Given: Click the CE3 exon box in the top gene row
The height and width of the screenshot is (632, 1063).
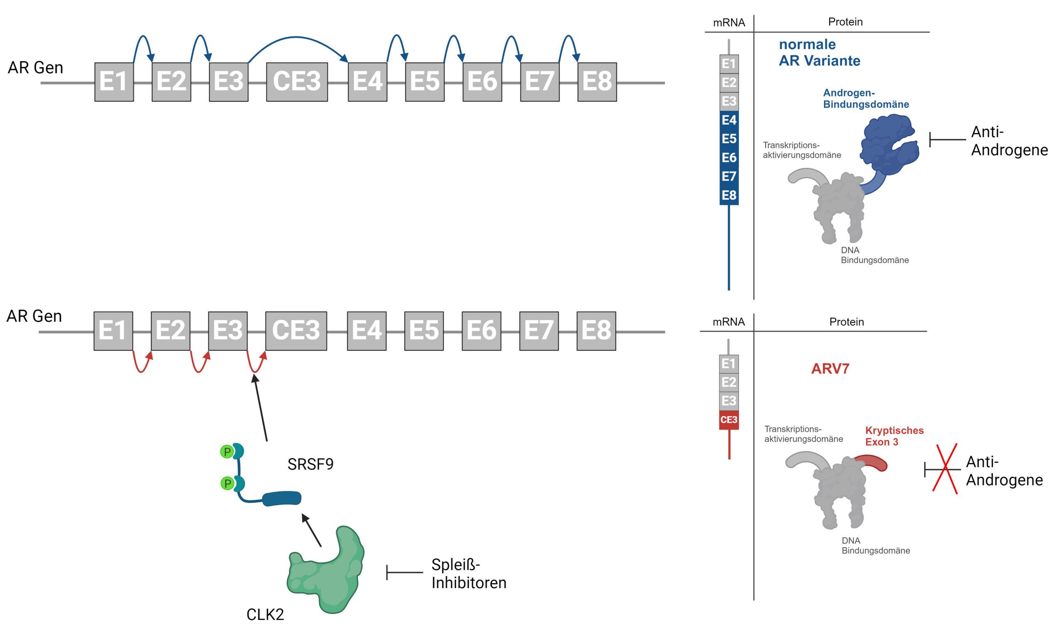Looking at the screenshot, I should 297,82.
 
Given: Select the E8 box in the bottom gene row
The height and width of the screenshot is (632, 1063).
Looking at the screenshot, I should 596,331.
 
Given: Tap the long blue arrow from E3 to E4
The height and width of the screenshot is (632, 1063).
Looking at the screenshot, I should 297,38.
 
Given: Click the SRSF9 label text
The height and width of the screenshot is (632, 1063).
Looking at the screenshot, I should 310,464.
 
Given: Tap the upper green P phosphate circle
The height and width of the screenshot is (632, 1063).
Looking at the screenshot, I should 227,451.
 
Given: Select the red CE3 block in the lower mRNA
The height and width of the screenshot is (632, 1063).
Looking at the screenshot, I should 729,420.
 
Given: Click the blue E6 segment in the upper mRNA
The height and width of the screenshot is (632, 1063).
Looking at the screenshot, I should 729,157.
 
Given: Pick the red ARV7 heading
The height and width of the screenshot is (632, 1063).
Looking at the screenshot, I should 830,369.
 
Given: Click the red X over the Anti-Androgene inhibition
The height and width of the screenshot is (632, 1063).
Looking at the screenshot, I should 945,469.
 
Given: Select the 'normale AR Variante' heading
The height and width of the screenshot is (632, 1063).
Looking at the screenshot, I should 819,52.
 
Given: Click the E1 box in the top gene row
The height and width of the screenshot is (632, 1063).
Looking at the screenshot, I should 114,82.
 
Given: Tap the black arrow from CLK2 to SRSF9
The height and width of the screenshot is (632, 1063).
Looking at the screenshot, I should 312,531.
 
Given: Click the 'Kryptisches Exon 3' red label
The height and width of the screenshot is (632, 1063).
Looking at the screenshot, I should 894,436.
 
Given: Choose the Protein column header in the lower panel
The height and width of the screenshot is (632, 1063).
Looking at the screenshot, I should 846,322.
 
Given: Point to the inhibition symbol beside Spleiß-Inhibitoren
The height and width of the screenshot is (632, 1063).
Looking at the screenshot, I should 404,573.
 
